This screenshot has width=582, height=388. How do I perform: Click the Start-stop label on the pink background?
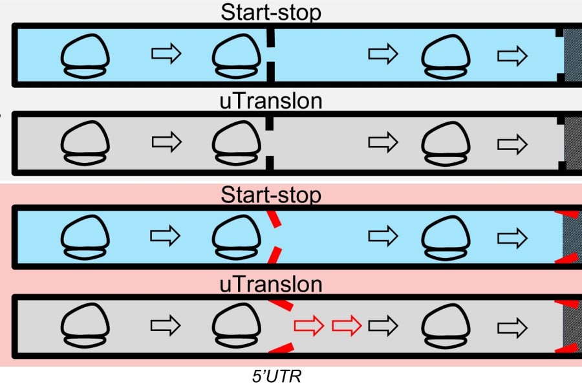tap(271, 195)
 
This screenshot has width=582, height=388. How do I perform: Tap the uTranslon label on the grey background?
tap(271, 101)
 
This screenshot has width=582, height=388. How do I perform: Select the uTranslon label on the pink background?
tap(271, 284)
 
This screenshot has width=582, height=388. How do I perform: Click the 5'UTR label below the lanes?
tap(277, 376)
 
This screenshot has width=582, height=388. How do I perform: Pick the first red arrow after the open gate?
tap(309, 326)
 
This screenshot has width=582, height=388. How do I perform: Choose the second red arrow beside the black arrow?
tap(347, 326)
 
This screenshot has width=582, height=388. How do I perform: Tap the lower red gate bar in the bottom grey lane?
tap(281, 348)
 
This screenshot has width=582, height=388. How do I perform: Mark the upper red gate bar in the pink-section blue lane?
tap(275, 219)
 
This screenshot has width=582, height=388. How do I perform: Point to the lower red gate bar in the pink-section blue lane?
tap(275, 255)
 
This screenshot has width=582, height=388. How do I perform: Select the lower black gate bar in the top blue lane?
tap(271, 72)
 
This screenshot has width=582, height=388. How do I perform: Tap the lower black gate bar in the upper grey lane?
tap(270, 164)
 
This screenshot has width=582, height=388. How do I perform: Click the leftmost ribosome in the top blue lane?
tap(85, 56)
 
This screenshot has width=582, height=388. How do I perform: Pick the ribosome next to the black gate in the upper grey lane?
tap(237, 144)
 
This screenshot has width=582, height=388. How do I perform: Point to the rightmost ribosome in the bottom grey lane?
tap(446, 326)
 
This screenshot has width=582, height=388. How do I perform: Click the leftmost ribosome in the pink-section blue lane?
tap(85, 237)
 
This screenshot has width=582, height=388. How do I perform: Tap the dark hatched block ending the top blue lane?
tap(573, 56)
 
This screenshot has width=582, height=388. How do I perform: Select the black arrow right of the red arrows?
tap(383, 326)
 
